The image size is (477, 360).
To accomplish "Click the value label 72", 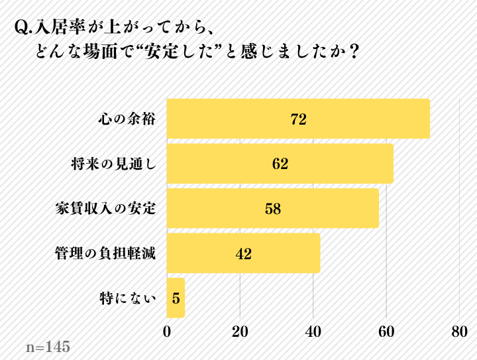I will point(298,119).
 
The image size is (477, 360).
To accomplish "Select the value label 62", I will point(280,164).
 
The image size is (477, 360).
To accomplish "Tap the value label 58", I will point(273,209).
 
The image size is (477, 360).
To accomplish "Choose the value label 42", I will point(243,253).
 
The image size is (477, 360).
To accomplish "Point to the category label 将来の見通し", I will point(113,164).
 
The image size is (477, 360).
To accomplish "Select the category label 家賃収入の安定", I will point(106,208).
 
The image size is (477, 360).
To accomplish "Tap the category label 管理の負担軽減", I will point(106,253).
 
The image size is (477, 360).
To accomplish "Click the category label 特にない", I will point(129,298).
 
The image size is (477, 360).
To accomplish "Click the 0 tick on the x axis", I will point(167,331).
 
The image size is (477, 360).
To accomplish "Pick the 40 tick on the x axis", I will point(313,331).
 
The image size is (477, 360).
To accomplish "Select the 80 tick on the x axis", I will point(459,331).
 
